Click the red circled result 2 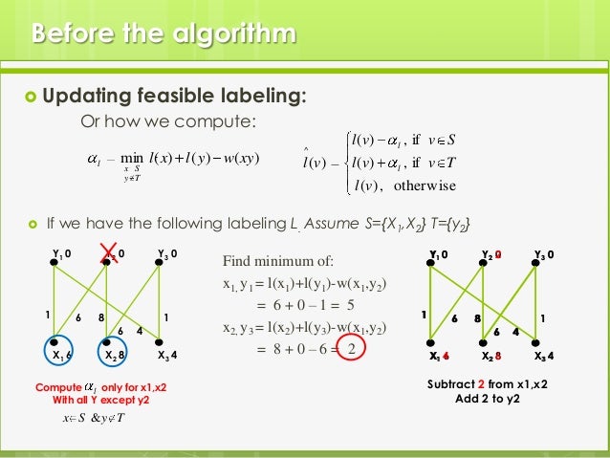click(x=354, y=347)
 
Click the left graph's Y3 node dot click(x=159, y=265)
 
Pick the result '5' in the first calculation click(x=351, y=307)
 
